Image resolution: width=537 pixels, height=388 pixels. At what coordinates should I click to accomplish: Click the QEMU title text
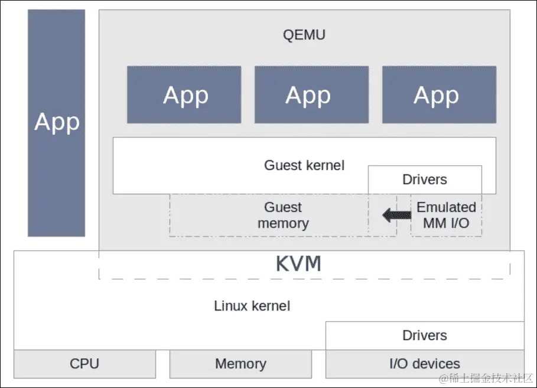tap(304, 35)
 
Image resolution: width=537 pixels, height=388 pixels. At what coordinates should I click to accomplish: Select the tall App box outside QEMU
tap(56, 122)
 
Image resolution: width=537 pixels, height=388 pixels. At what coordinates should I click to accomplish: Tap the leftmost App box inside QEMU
tap(184, 95)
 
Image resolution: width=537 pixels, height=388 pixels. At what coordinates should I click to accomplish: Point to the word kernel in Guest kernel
tap(325, 165)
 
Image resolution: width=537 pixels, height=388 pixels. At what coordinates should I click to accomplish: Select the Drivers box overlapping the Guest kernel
tap(425, 180)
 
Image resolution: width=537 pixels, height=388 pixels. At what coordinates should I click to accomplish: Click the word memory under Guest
tap(283, 224)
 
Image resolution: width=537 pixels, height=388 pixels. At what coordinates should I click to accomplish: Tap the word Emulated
tap(446, 207)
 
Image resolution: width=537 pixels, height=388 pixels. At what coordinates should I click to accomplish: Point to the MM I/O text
tap(446, 224)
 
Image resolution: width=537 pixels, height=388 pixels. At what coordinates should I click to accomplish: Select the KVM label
tap(298, 264)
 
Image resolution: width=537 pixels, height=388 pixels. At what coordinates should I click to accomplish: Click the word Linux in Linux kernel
tap(231, 306)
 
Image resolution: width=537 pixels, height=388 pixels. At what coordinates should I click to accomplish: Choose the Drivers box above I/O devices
tap(425, 335)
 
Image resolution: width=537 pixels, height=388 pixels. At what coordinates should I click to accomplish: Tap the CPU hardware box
tap(84, 364)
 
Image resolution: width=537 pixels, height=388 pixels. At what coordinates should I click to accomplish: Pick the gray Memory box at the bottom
tap(240, 364)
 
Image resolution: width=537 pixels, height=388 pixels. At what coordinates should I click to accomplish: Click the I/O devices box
tap(425, 364)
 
